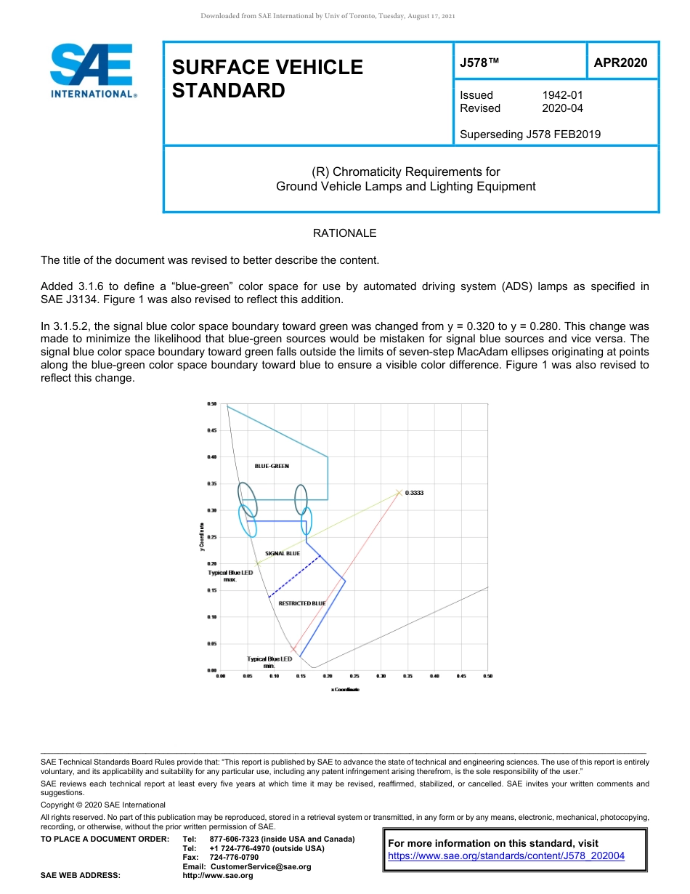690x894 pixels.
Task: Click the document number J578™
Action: coord(479,63)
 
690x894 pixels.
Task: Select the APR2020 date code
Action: coord(620,63)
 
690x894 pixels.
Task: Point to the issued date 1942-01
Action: coord(562,95)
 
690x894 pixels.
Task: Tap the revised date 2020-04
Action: coord(562,108)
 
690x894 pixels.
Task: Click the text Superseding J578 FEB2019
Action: coord(530,134)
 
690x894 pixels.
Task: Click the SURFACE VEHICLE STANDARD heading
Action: coord(267,78)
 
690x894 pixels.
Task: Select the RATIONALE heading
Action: coord(344,233)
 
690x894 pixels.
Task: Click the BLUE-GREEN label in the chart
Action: coord(272,466)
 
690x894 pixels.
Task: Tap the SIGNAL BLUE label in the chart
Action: coord(282,553)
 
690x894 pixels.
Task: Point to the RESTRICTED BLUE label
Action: coord(302,603)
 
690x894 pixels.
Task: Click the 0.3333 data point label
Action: coord(414,493)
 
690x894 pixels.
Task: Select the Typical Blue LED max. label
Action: coord(230,576)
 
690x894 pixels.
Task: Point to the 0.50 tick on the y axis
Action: coord(212,403)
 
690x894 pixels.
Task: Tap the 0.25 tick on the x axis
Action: coord(354,676)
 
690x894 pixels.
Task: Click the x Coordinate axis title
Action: coord(345,690)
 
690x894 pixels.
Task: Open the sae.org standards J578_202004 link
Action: coord(506,856)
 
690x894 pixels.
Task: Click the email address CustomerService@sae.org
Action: coord(260,866)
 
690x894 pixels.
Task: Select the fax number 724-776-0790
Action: coord(233,858)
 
